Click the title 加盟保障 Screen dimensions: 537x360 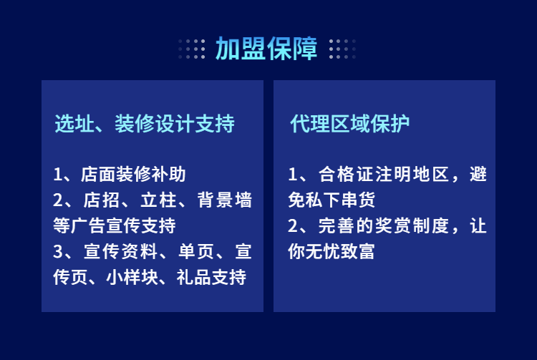coord(266,49)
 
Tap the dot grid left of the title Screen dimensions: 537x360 coord(192,49)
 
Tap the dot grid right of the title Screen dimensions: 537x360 coord(342,49)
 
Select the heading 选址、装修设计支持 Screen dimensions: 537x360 coord(145,124)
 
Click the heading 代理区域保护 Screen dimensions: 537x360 coord(349,124)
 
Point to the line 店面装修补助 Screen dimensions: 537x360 coord(133,174)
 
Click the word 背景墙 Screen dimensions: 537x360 coord(225,200)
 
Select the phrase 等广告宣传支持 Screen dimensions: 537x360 coord(115,225)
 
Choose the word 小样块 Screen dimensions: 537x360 coord(132,277)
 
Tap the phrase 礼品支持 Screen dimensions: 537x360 coord(211,277)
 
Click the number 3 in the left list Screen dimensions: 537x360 coord(58,251)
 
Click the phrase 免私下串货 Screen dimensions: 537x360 coord(332,200)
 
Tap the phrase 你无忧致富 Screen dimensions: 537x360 coord(332,251)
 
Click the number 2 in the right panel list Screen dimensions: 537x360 coord(293,226)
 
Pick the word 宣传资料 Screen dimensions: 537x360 coord(120,251)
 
